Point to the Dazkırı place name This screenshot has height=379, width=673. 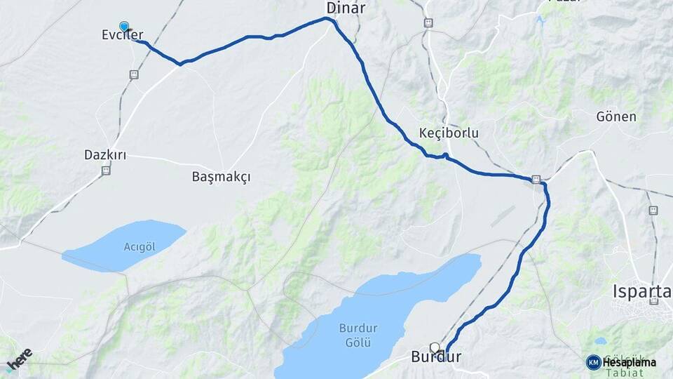pos(105,154)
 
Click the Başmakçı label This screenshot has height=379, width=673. pos(221,177)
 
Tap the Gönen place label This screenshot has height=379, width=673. pos(617,117)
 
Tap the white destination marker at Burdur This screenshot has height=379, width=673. pos(435,347)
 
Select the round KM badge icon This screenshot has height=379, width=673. pos(593,362)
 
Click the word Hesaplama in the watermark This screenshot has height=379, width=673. pos(629,362)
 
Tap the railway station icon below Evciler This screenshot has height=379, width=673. pos(133,74)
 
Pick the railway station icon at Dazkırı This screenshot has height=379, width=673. pos(106,170)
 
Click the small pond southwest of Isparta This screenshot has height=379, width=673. pos(600,342)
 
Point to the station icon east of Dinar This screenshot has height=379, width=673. pos(428,22)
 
